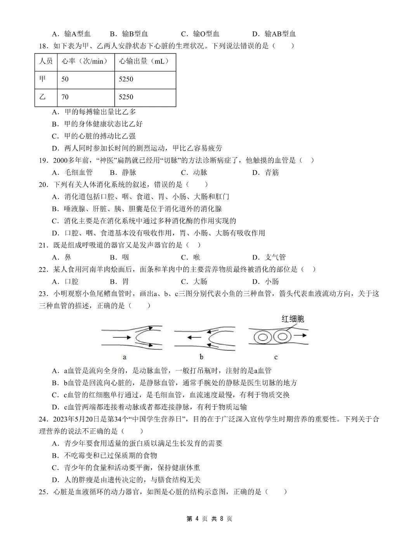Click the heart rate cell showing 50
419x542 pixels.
click(x=65, y=79)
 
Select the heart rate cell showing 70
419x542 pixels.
click(x=65, y=97)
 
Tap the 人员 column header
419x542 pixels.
click(x=46, y=61)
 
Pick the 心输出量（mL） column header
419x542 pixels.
click(x=144, y=61)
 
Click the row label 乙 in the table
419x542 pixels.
click(x=42, y=97)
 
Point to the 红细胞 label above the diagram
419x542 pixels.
click(x=293, y=319)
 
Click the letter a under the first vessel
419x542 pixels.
click(x=125, y=357)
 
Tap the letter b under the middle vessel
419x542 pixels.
click(x=201, y=357)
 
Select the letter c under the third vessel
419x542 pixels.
click(x=276, y=357)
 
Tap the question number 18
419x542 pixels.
click(x=43, y=46)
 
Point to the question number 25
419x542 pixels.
click(x=43, y=492)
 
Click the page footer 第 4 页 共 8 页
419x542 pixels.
click(x=209, y=519)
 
